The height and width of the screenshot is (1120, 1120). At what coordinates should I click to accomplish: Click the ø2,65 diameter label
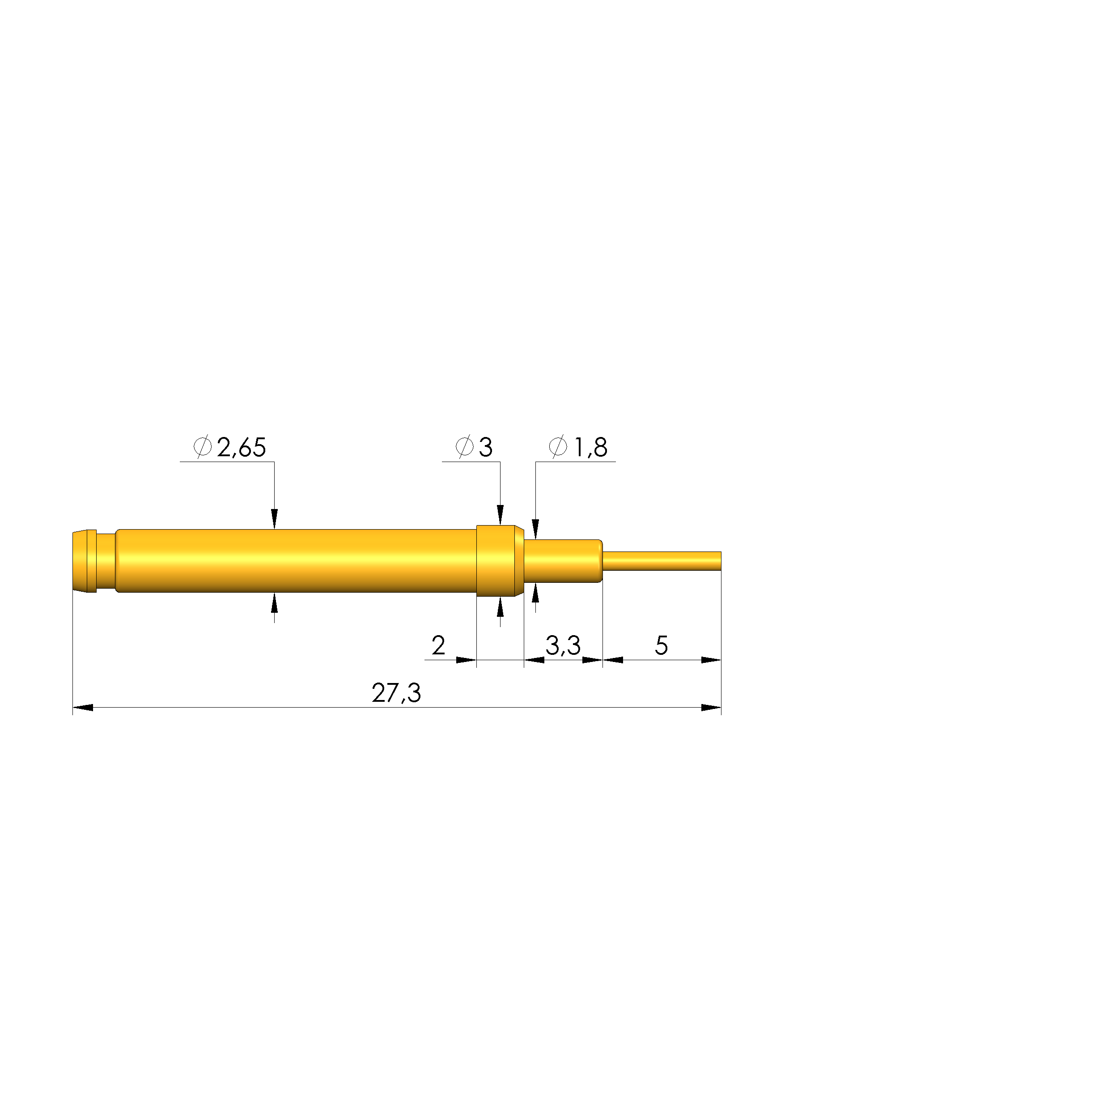229,447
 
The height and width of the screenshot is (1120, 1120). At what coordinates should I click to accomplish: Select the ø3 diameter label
474,447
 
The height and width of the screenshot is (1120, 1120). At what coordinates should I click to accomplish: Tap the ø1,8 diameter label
578,447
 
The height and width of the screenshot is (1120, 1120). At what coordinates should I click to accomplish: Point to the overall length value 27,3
397,693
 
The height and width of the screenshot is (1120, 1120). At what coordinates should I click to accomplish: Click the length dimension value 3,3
563,645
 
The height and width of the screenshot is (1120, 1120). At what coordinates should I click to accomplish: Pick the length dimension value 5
662,645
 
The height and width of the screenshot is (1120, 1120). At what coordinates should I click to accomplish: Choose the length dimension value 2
438,645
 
